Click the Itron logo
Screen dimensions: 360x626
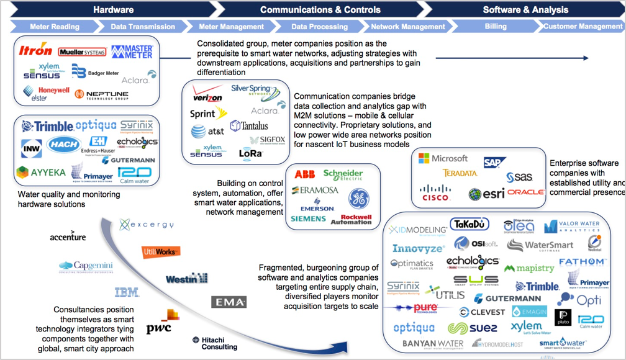pos(35,51)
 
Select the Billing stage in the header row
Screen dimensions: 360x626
pos(495,27)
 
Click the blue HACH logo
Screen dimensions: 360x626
pos(63,145)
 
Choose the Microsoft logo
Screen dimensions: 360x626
pos(443,158)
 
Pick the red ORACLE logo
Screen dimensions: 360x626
pos(525,192)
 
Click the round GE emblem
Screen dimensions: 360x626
pos(358,199)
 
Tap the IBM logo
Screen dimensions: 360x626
pos(127,292)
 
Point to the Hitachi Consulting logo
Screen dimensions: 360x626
pos(215,343)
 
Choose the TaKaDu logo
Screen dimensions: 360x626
pos(469,224)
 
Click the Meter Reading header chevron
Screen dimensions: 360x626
pos(55,27)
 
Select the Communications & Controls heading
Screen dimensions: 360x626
pos(320,9)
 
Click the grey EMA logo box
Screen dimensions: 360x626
pos(229,302)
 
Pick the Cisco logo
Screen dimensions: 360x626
pos(435,192)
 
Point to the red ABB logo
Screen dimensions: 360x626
pos(304,174)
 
